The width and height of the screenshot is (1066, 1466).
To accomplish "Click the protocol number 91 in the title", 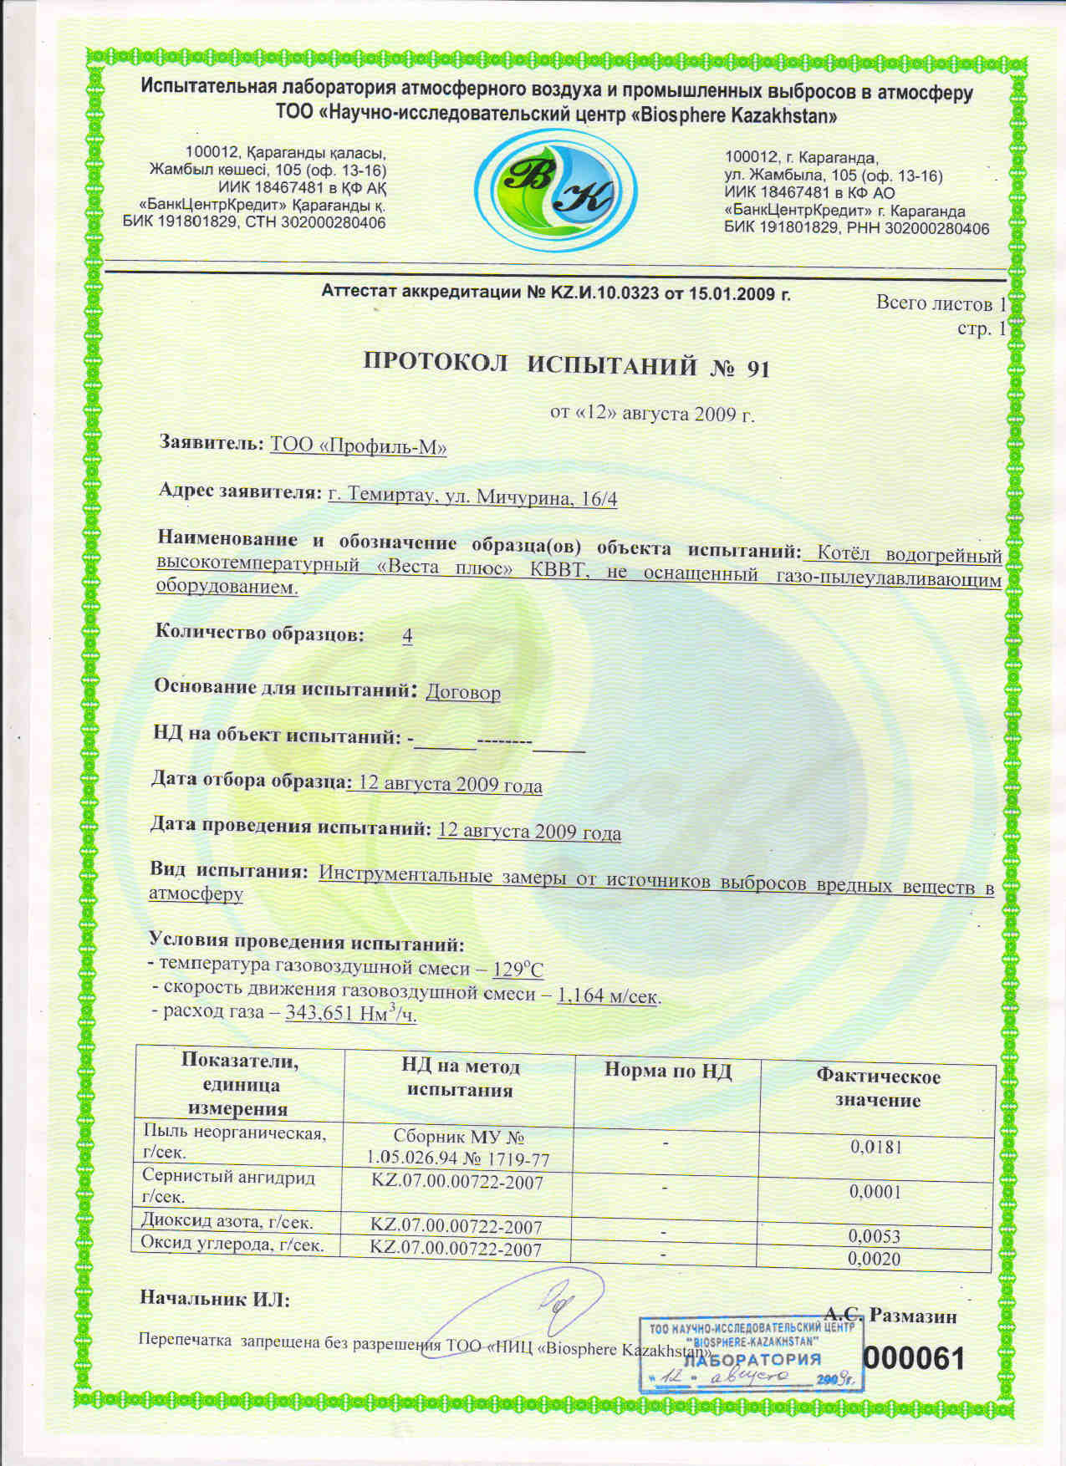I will click(x=757, y=369).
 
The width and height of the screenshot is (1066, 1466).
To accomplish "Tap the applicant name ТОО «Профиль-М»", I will click(x=359, y=446).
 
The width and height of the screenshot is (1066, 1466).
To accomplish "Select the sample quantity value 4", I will click(x=407, y=636).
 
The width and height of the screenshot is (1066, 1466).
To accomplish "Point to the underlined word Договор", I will click(x=463, y=693).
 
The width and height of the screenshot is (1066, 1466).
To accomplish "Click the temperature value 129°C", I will click(x=518, y=970).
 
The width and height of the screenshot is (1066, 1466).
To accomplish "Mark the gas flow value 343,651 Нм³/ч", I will click(x=350, y=1014).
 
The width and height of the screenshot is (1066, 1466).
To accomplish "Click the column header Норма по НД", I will click(x=667, y=1072).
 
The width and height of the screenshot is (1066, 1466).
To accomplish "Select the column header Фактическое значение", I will click(x=877, y=1088).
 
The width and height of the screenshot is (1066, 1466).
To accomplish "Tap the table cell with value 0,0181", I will click(x=876, y=1147).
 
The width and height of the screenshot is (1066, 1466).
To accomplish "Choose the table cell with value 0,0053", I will click(x=874, y=1235).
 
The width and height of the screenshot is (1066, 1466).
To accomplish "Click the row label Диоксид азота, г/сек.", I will click(x=227, y=1222).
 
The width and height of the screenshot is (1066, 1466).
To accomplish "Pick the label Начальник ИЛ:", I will click(x=214, y=1299).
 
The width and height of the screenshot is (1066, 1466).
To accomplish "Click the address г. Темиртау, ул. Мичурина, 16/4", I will click(x=472, y=498).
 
